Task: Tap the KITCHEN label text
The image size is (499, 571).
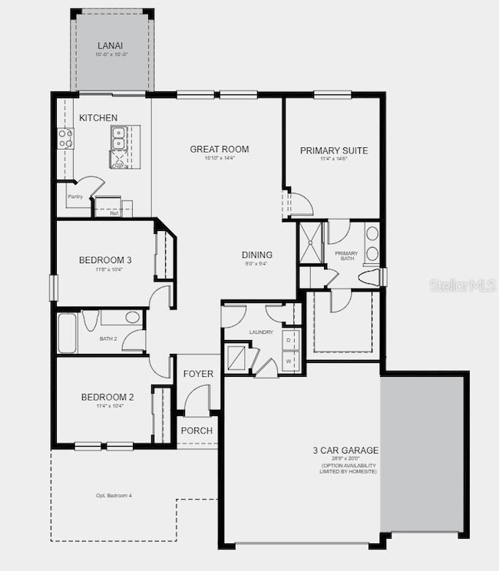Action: point(98,118)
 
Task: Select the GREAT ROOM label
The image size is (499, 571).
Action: point(220,149)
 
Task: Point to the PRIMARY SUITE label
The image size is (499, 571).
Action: point(333,150)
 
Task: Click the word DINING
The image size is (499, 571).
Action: point(257,255)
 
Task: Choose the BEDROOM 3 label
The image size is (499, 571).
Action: point(105,260)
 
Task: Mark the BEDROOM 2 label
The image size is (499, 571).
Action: point(107,397)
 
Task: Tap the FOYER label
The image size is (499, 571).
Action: point(198,374)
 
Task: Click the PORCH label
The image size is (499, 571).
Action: point(197,431)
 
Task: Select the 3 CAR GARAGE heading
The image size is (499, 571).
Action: point(345,451)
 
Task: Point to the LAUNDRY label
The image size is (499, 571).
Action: point(261,332)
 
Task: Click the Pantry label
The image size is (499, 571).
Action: point(74,196)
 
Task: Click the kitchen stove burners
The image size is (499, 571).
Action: point(66,138)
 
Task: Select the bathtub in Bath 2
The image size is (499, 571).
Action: point(68,332)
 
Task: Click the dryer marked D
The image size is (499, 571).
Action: point(289,339)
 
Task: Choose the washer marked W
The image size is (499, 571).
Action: point(289,359)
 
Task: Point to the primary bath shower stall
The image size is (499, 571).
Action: point(311,242)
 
